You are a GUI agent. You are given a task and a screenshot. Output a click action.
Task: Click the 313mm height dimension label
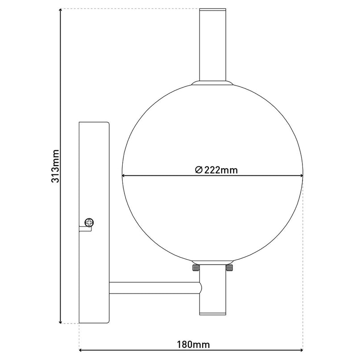(55, 166)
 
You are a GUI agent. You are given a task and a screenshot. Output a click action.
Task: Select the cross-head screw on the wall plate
(90, 222)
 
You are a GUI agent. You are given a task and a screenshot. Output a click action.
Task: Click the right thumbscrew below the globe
(230, 268)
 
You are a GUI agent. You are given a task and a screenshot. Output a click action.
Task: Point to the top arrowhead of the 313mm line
(60, 12)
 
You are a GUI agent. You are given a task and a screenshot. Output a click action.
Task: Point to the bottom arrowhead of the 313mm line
(60, 320)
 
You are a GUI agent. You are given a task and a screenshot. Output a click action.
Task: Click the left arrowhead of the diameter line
(124, 175)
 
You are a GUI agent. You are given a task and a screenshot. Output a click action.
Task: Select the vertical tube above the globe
(213, 45)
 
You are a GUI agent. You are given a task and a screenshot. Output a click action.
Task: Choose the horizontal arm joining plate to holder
(154, 288)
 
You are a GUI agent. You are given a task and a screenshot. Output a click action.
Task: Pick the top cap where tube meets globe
(212, 83)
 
